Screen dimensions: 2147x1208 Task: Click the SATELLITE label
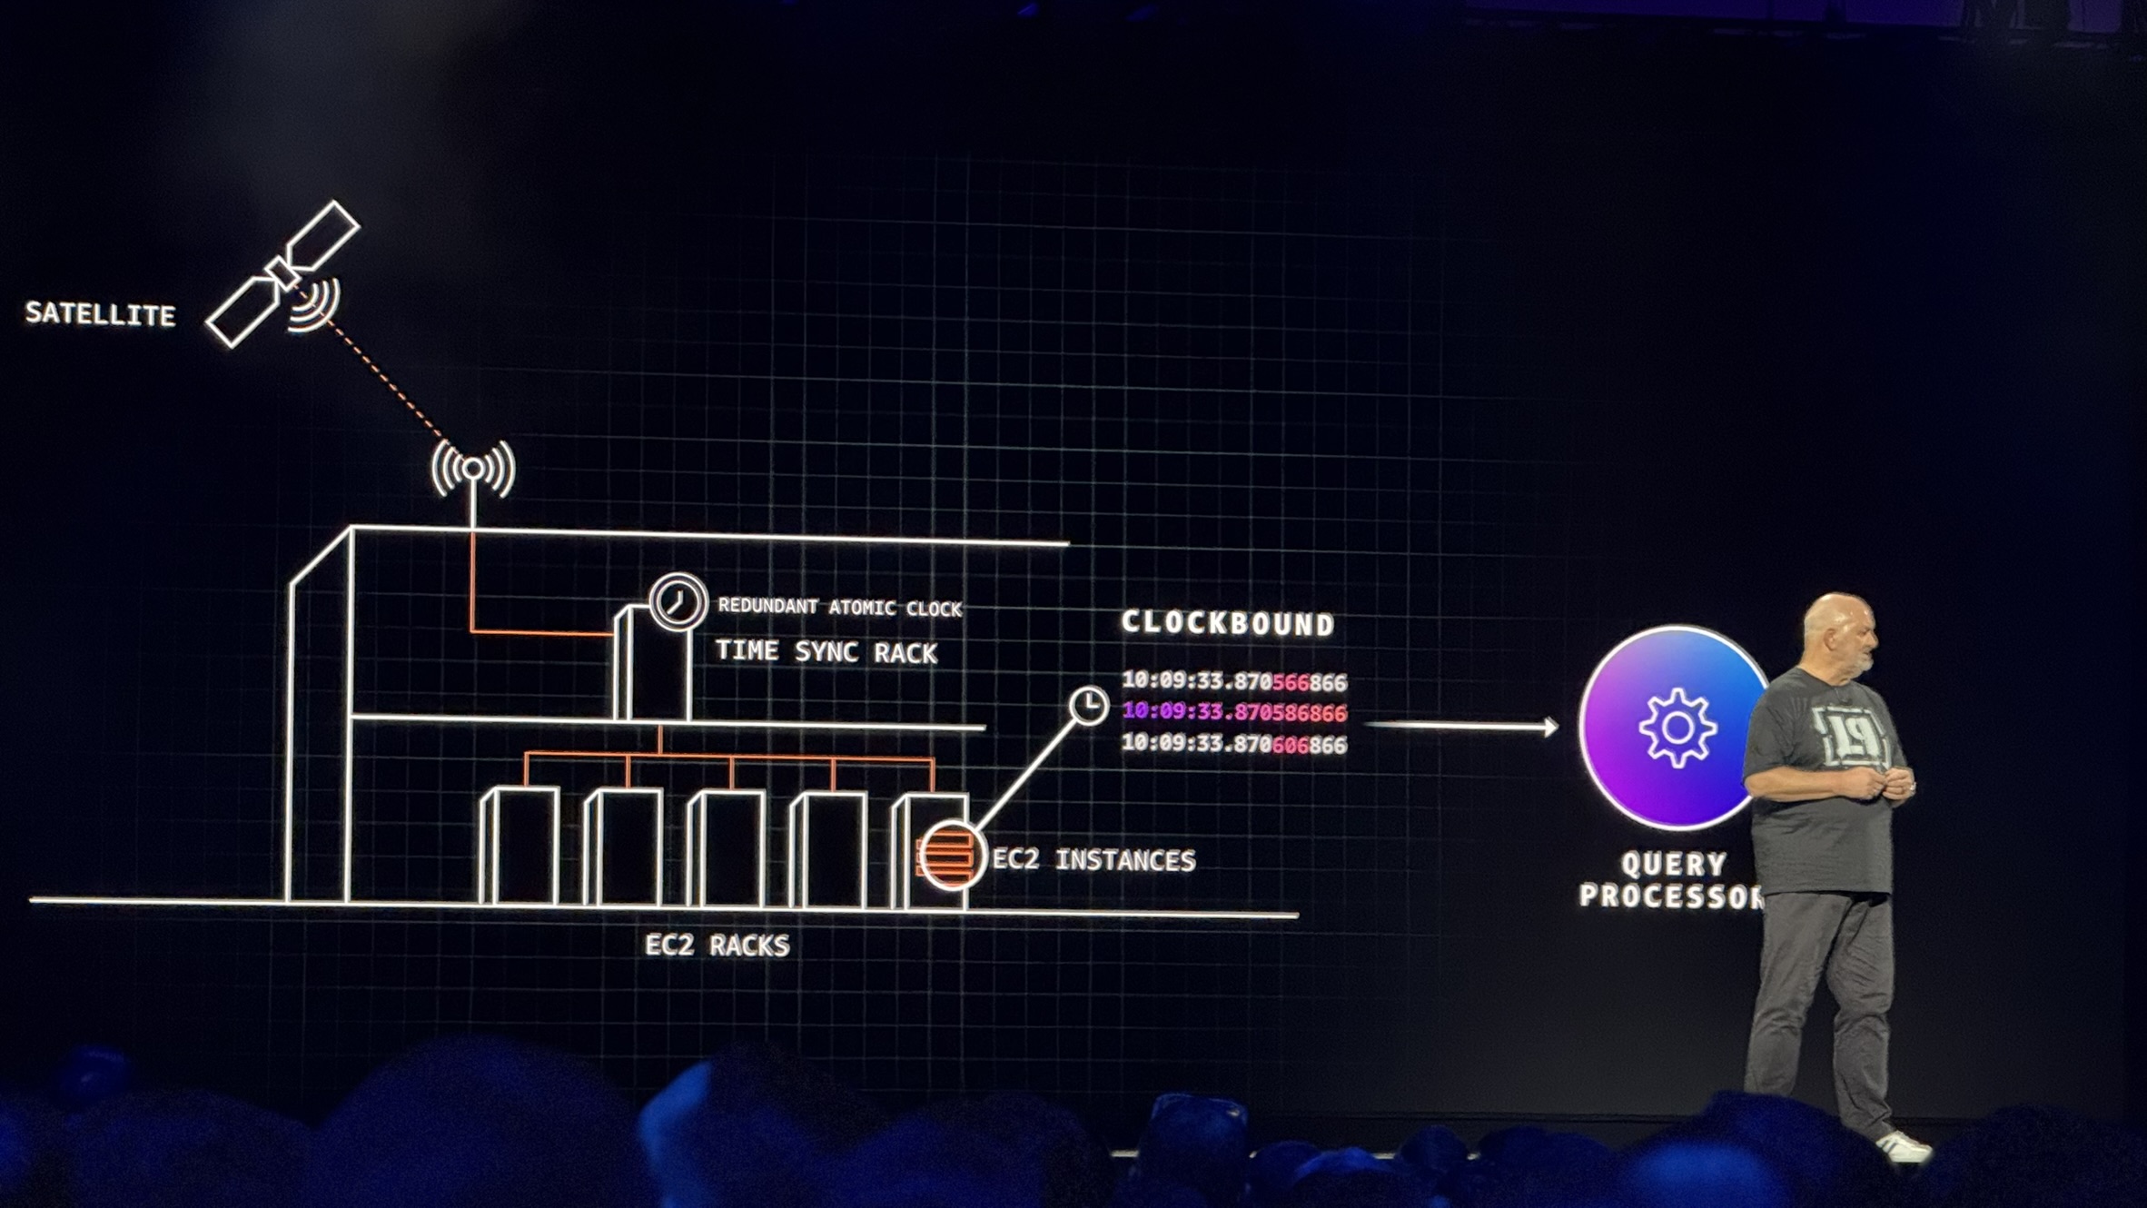pyautogui.click(x=100, y=314)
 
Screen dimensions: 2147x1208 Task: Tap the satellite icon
pyautogui.click(x=283, y=273)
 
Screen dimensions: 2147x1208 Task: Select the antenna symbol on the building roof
pyautogui.click(x=473, y=469)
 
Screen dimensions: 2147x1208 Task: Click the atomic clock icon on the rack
pyautogui.click(x=678, y=601)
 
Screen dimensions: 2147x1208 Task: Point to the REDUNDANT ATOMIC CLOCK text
pyautogui.click(x=839, y=607)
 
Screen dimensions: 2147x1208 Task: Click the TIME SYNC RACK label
pyautogui.click(x=826, y=652)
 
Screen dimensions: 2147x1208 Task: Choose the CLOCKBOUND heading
pyautogui.click(x=1228, y=623)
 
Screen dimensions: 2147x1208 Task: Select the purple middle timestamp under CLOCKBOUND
pyautogui.click(x=1234, y=712)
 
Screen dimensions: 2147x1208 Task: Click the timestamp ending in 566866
pyautogui.click(x=1234, y=681)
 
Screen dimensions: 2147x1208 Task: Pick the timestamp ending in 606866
pyautogui.click(x=1234, y=744)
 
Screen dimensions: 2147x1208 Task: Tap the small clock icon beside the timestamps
pyautogui.click(x=1088, y=706)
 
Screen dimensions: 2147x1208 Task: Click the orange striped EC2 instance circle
pyautogui.click(x=949, y=855)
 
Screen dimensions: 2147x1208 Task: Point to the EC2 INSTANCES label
pyautogui.click(x=1093, y=860)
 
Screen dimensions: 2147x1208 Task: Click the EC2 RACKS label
pyautogui.click(x=717, y=946)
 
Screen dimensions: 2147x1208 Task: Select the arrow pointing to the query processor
pyautogui.click(x=1462, y=726)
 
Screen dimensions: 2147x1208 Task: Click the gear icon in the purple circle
pyautogui.click(x=1677, y=728)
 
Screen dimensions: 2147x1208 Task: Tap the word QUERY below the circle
pyautogui.click(x=1673, y=864)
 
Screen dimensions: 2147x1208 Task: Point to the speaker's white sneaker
pyautogui.click(x=1904, y=1147)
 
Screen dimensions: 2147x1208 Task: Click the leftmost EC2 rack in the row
pyautogui.click(x=519, y=846)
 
